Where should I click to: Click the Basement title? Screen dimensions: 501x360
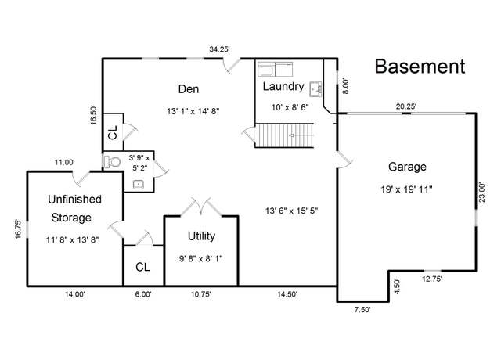(x=420, y=67)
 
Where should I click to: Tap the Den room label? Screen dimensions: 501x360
(x=189, y=88)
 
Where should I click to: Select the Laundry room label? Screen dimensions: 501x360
(x=283, y=87)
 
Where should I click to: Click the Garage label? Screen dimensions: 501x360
(x=407, y=167)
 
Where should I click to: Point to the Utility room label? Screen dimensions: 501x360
(x=201, y=236)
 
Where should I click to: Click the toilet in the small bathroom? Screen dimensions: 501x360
(x=111, y=162)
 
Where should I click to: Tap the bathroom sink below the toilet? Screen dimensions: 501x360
(x=139, y=185)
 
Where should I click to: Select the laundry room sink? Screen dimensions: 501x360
(x=315, y=89)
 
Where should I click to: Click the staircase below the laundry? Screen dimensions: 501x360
(x=284, y=135)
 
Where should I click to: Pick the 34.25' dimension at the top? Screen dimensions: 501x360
(x=219, y=49)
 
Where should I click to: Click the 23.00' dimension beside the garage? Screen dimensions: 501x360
(x=481, y=192)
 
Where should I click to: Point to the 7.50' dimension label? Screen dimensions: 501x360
(x=362, y=310)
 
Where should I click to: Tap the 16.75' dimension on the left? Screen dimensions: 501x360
(x=18, y=229)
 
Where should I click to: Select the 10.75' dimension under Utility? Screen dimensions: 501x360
(x=200, y=294)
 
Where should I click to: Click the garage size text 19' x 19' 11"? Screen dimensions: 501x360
(x=406, y=189)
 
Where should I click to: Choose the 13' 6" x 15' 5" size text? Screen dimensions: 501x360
(x=291, y=211)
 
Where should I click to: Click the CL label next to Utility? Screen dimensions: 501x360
(x=142, y=267)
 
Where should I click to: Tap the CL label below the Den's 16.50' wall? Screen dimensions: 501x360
(x=113, y=132)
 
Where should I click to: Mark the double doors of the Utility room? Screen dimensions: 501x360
(x=201, y=207)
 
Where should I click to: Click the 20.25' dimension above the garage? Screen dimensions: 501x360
(x=406, y=106)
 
